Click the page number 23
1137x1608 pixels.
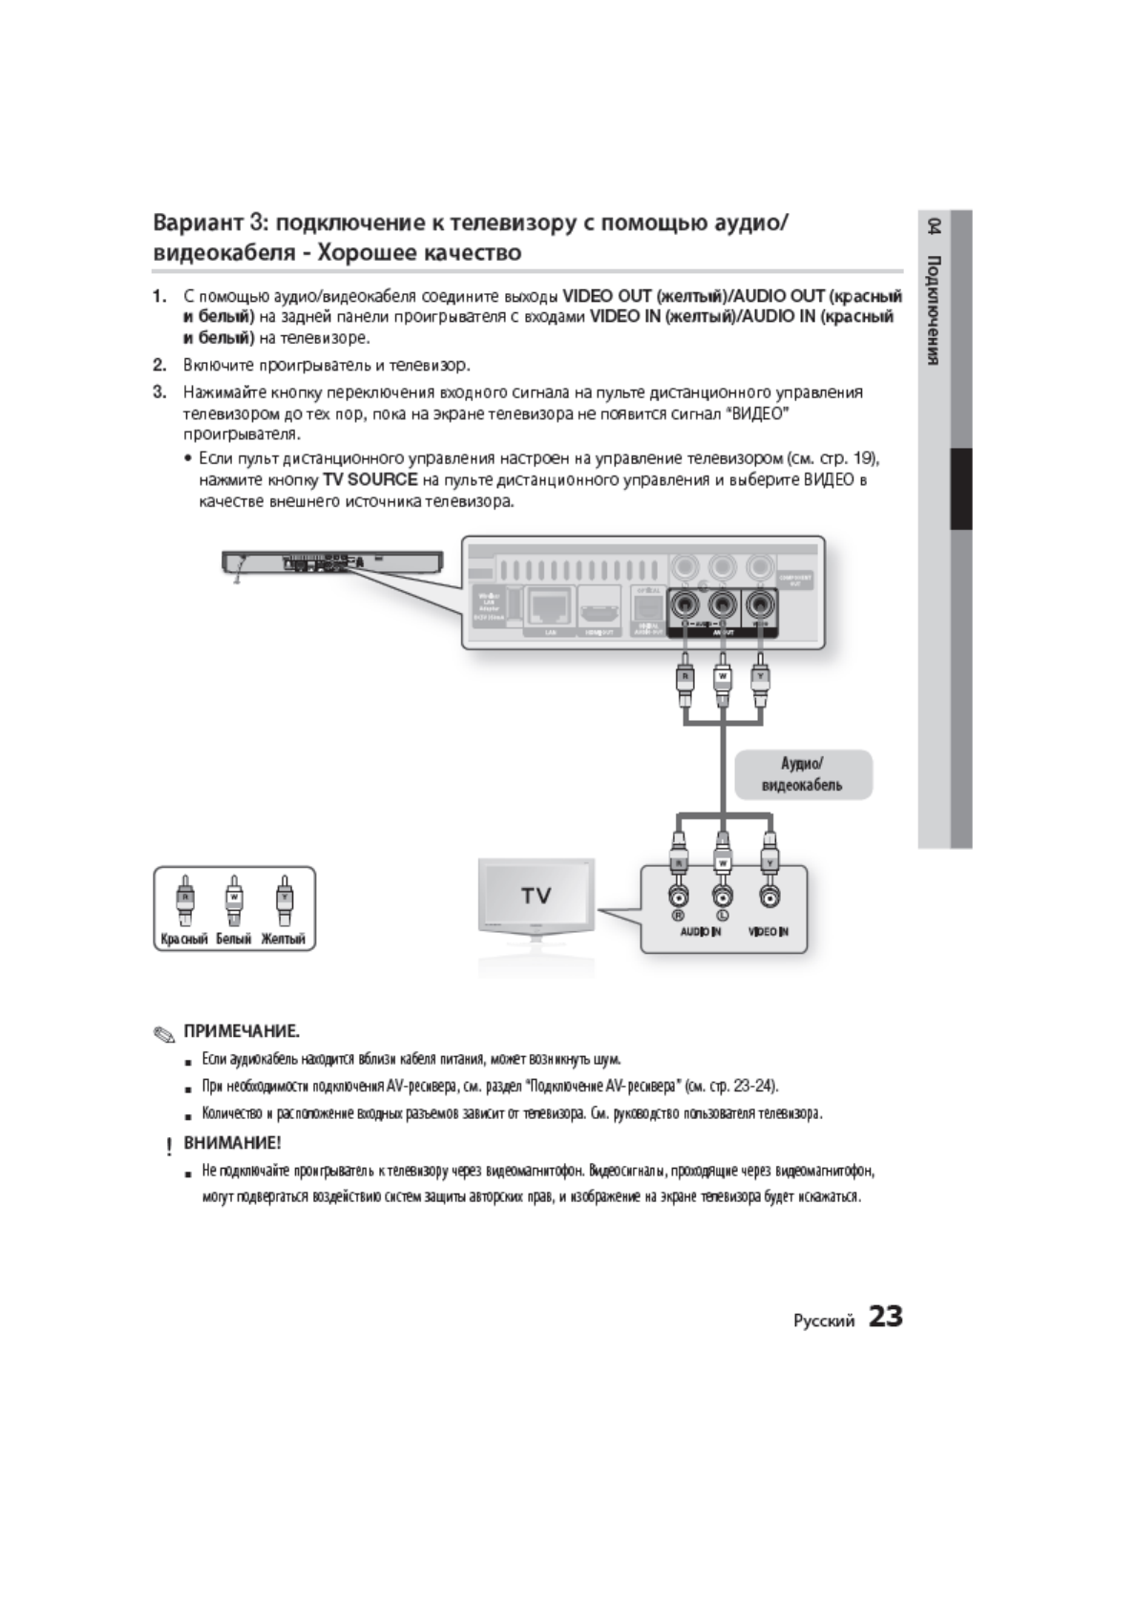point(885,1317)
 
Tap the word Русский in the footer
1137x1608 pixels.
point(823,1321)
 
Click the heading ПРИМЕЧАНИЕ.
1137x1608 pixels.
point(242,1031)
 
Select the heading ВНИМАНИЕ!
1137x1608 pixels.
point(232,1142)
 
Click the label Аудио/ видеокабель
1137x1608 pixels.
point(802,774)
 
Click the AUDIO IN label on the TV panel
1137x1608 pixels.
point(700,932)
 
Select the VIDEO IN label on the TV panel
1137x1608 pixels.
point(769,932)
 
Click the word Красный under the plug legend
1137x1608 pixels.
point(183,940)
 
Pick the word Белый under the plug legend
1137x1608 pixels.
point(233,940)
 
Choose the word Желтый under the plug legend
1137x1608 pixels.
point(284,940)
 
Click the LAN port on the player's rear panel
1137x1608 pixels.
point(550,605)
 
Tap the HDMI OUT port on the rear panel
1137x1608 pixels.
point(600,607)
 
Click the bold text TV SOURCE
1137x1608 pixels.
point(370,479)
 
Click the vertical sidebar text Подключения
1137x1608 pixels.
point(934,310)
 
